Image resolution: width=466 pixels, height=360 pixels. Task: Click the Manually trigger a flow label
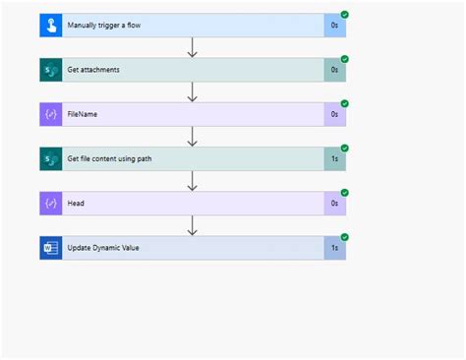[x=104, y=25]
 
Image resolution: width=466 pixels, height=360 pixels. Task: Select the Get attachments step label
[x=93, y=70]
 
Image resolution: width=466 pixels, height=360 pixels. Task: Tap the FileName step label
[x=83, y=114]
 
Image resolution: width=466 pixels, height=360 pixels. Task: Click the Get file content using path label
[x=110, y=159]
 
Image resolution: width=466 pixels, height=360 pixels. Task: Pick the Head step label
[x=77, y=204]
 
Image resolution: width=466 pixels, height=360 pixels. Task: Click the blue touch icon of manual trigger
[x=51, y=25]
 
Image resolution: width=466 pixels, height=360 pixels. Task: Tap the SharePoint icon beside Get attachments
[x=51, y=70]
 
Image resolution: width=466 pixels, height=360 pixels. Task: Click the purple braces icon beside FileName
[x=51, y=114]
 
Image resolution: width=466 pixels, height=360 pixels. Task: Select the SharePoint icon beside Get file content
[x=51, y=159]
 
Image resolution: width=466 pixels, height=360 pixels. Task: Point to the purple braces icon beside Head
[x=51, y=204]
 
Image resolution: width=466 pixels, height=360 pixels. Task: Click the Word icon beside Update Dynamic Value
[x=51, y=249]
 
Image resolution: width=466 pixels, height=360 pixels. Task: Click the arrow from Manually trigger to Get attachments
[x=193, y=47]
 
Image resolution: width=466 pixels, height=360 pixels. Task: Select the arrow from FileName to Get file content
[x=193, y=137]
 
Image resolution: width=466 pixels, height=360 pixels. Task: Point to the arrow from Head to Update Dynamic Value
[x=193, y=226]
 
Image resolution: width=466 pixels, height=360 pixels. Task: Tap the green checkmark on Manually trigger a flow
[x=344, y=14]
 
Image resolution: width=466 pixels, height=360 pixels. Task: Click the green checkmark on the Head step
[x=344, y=193]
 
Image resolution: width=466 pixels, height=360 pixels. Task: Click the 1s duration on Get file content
[x=334, y=159]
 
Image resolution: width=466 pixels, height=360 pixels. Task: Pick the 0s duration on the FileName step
[x=334, y=114]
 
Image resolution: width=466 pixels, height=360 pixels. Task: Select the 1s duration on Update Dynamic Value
[x=334, y=249]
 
